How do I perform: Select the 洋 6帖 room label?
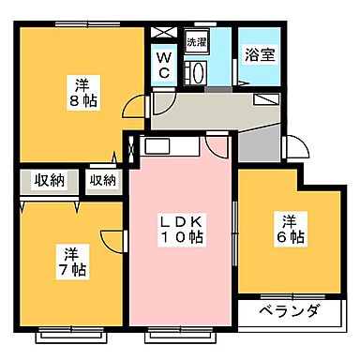click(288, 230)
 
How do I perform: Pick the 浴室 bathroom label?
click(260, 53)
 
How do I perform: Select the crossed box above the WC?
click(163, 31)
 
